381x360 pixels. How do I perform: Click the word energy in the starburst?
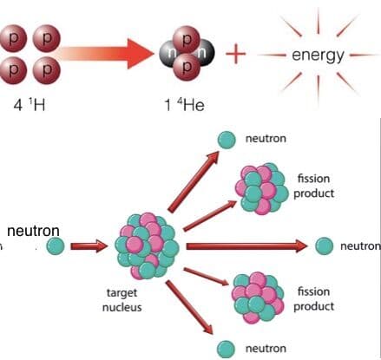318,56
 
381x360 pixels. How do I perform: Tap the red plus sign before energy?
235,54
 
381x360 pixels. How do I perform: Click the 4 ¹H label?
30,104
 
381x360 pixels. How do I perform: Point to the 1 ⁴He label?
184,104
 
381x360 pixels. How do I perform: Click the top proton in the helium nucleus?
187,39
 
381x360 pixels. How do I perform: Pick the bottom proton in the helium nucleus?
187,67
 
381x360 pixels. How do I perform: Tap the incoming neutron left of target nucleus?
56,246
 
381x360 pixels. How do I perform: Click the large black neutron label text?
33,231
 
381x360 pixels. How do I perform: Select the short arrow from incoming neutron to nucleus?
89,246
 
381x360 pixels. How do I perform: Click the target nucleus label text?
122,300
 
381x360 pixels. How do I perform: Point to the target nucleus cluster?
147,246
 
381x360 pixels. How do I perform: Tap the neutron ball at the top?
227,140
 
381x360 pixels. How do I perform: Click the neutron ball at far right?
324,246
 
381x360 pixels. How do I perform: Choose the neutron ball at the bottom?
226,349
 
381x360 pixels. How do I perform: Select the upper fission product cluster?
261,188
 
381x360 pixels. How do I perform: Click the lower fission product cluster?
258,298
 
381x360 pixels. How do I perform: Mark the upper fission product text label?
314,186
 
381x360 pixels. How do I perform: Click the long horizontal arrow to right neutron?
246,246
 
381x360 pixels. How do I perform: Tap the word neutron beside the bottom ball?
266,349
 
